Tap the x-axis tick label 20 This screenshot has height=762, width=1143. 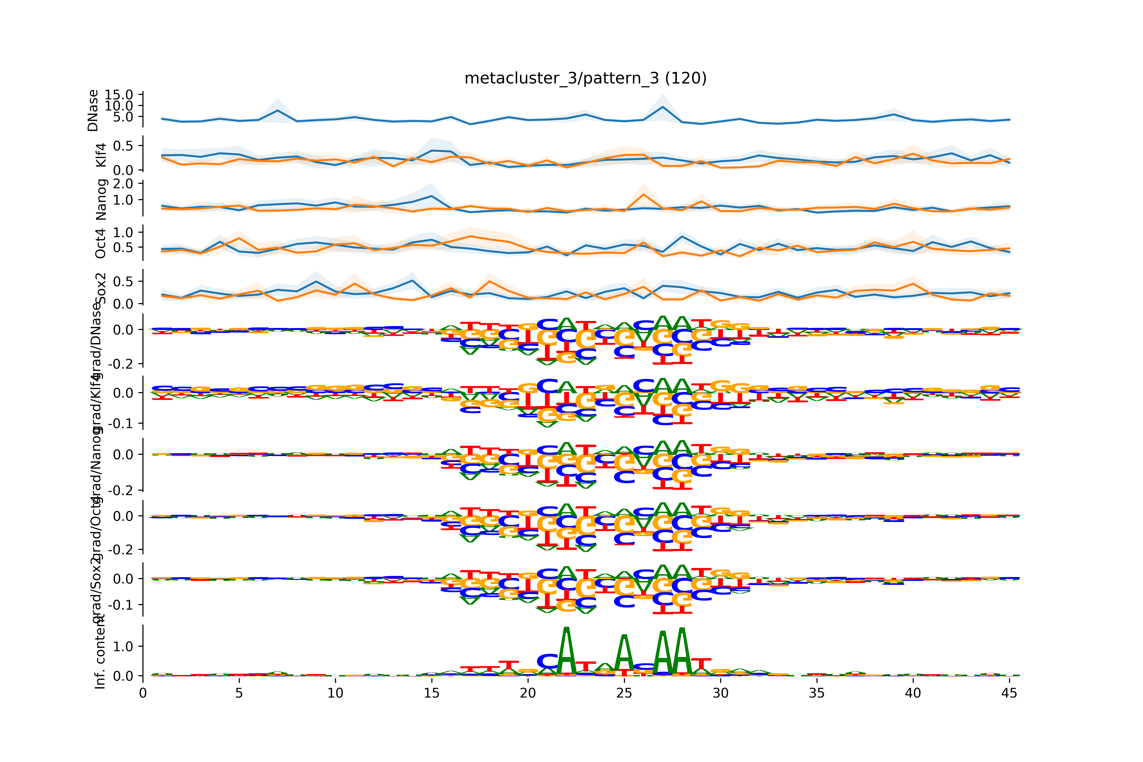point(528,693)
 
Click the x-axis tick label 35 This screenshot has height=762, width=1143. point(816,693)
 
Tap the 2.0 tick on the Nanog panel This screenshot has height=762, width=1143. point(122,184)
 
